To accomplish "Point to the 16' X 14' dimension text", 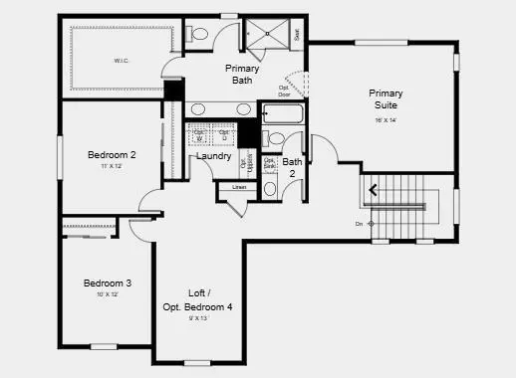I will click(x=386, y=120).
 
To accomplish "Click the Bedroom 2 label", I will click(x=112, y=154).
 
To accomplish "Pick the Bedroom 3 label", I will click(x=108, y=283).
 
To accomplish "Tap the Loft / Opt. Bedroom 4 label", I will click(x=197, y=301).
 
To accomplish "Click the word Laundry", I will click(x=214, y=156).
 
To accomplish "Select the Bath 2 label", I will click(x=293, y=167).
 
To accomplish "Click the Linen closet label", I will click(x=239, y=187).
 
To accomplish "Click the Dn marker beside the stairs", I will click(x=360, y=224).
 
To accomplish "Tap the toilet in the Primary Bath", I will click(x=198, y=35).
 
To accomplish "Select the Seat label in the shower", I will click(x=297, y=34).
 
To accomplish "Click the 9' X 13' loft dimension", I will click(x=197, y=318).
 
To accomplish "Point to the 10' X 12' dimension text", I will click(x=108, y=294).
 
